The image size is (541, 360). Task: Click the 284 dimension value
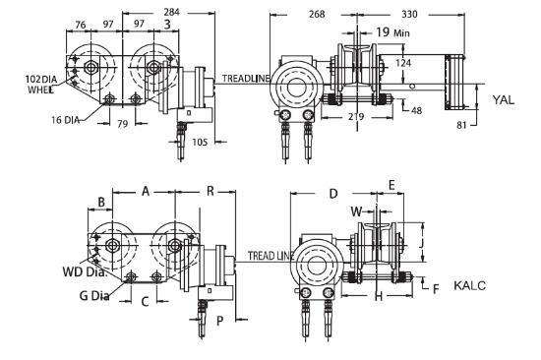pos(171,13)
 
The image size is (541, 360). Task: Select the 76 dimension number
pos(81,25)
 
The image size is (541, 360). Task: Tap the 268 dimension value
pos(317,14)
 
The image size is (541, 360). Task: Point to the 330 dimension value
pos(409,14)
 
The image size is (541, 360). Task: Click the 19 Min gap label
pos(393,32)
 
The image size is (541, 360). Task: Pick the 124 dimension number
pos(403,63)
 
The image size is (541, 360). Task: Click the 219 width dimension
pos(356,116)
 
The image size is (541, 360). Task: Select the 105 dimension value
pos(200,142)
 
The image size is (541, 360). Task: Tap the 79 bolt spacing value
pos(123,124)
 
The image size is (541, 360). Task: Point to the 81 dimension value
pos(461,125)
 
